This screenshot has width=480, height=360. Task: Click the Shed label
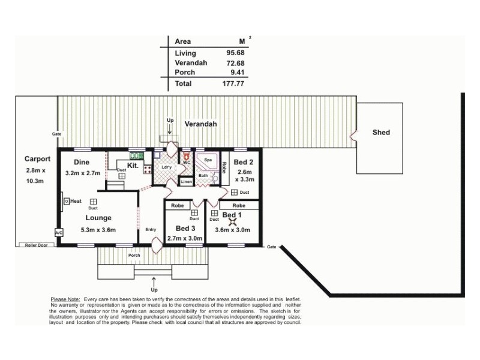click(x=381, y=133)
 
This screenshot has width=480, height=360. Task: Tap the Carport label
click(x=37, y=159)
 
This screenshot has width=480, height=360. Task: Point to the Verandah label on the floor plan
click(x=200, y=124)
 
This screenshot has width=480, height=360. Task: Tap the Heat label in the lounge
click(x=75, y=202)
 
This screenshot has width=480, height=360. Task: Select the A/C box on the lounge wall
click(x=59, y=232)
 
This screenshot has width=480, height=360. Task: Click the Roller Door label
click(x=35, y=245)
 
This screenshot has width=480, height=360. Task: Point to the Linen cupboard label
click(x=187, y=181)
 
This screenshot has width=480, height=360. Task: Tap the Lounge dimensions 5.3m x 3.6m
click(x=98, y=230)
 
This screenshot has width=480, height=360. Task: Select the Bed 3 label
click(x=185, y=229)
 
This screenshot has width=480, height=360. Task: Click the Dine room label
click(x=82, y=162)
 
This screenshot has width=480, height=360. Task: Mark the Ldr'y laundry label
click(x=167, y=167)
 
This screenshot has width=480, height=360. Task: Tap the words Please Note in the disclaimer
click(x=65, y=299)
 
